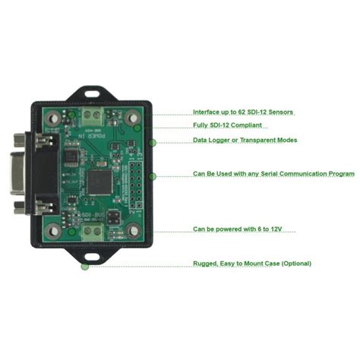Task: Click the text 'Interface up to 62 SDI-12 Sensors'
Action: point(243,112)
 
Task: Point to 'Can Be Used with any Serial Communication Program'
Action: point(273,174)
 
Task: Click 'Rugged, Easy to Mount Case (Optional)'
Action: point(251,264)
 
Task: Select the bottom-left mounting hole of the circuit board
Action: point(52,232)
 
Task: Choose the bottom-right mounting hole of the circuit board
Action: point(134,231)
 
